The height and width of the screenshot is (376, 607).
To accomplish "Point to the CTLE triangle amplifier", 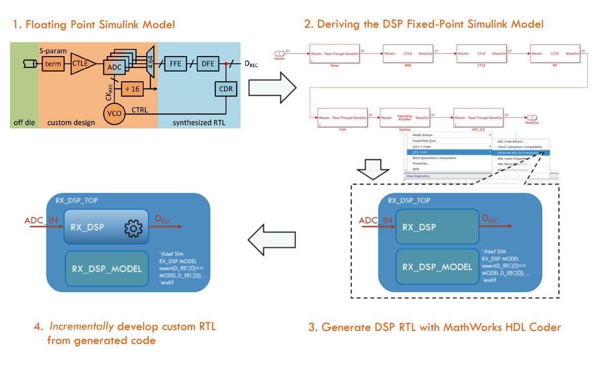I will pos(81,64).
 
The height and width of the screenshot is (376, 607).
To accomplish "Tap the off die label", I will pos(23,122).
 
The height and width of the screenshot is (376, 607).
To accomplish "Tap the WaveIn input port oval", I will pos(279,53).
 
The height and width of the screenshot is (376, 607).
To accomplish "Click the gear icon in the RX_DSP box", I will pos(133,229).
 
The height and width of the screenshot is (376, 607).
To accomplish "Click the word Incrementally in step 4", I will pos(81,326).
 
